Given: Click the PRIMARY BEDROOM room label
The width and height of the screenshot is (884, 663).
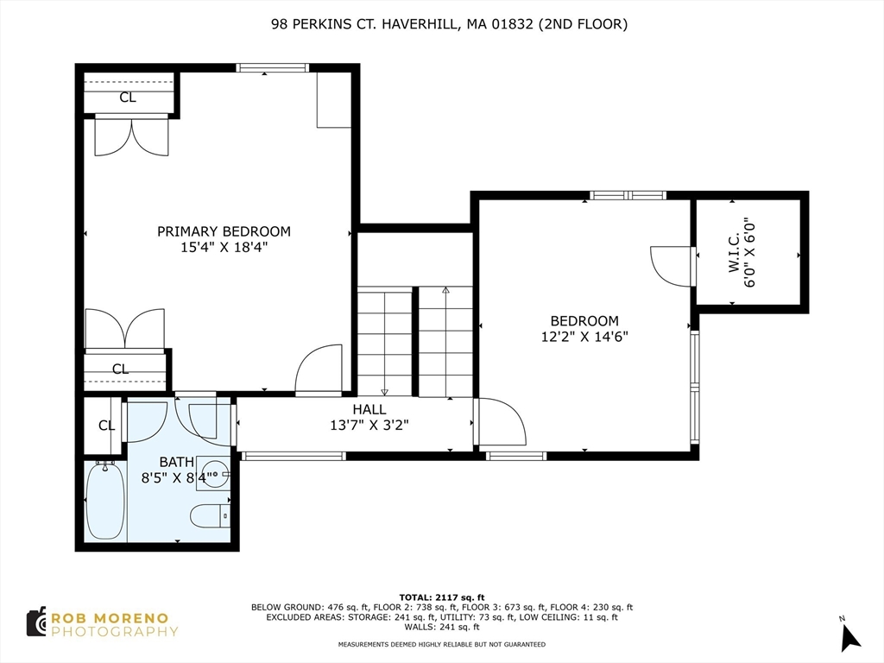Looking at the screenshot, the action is point(224,231).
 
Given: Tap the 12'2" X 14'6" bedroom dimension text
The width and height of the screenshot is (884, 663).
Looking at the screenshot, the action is point(584,337).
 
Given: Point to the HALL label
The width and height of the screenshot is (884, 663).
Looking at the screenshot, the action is point(369,409).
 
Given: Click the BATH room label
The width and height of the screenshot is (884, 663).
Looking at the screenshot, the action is point(176,463).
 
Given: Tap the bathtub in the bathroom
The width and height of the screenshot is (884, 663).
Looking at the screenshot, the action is point(104,500).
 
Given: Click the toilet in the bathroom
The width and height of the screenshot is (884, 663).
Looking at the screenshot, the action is point(210,516).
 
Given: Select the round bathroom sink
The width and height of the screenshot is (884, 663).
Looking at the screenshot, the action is point(215,474).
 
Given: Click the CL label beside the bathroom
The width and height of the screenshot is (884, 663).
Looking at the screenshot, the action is point(106,425).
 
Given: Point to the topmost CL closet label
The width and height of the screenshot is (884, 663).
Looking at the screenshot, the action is point(128,98).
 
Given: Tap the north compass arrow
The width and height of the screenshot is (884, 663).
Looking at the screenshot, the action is point(850,637).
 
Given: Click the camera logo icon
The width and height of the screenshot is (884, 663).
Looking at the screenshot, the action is point(36,622).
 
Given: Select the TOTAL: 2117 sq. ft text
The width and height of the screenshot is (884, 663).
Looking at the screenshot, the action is point(442,597).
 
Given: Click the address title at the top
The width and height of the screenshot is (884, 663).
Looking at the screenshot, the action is point(449,24).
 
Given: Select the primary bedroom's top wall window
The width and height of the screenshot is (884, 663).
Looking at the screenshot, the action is point(272,68).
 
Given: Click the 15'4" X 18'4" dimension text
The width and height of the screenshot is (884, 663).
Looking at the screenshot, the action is point(224,247).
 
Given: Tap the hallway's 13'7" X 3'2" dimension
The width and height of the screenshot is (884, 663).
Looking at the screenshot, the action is point(369,425).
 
